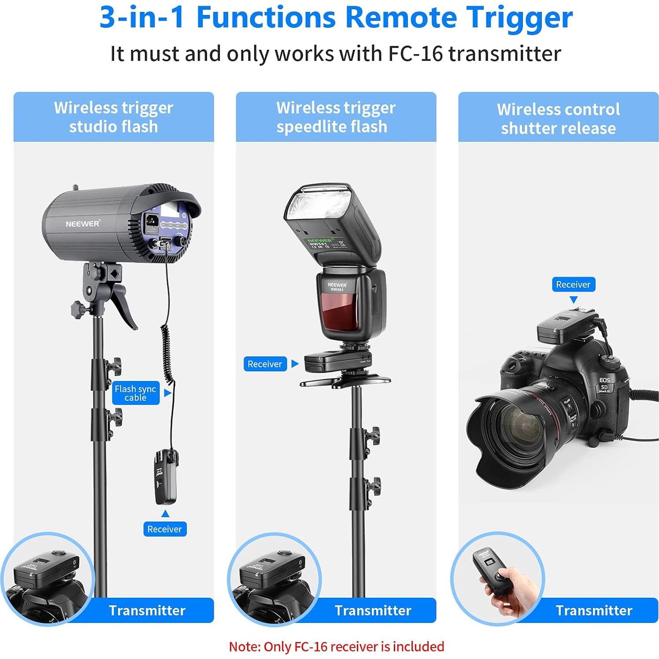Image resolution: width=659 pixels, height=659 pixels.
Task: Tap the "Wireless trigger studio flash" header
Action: click(114, 117)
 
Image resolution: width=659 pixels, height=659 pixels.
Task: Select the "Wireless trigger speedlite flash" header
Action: click(336, 117)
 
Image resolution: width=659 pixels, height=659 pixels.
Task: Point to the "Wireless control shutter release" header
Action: click(558, 118)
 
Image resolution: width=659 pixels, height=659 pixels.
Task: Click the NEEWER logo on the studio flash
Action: click(83, 224)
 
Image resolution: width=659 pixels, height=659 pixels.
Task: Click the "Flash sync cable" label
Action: click(135, 393)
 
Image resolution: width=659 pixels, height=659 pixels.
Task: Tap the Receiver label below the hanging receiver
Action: click(165, 529)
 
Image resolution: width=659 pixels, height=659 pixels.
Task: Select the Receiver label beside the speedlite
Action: click(265, 364)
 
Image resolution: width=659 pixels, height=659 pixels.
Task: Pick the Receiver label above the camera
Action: click(573, 285)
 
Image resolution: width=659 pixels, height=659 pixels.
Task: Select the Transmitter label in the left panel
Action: click(147, 611)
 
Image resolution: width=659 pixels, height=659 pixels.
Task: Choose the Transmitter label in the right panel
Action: click(594, 611)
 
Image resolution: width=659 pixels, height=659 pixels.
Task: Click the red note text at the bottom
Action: click(337, 647)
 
